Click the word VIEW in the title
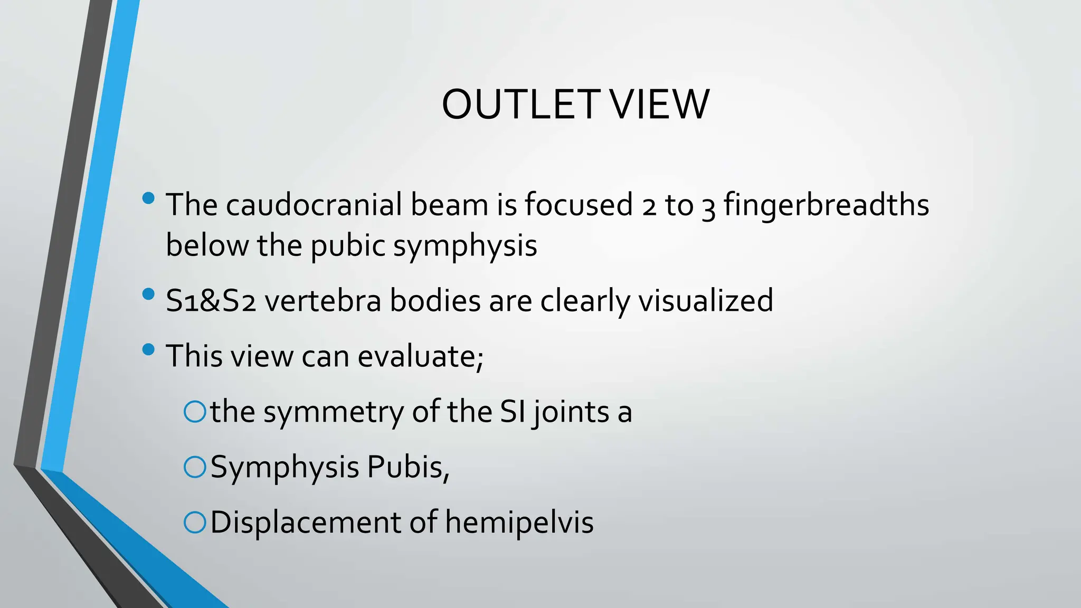pos(659,104)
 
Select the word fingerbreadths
pos(826,205)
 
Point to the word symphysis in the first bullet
pos(465,246)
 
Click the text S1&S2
pos(211,301)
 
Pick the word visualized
pos(706,301)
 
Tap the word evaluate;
pos(421,356)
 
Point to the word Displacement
pos(306,522)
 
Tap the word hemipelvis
pos(519,522)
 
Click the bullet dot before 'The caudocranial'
pos(149,198)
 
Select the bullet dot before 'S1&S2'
pos(149,294)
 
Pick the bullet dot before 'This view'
pos(149,349)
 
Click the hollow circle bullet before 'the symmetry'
pos(195,412)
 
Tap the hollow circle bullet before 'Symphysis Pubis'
pos(195,468)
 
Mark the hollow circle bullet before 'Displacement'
pos(195,523)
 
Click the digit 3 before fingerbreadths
pos(708,207)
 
